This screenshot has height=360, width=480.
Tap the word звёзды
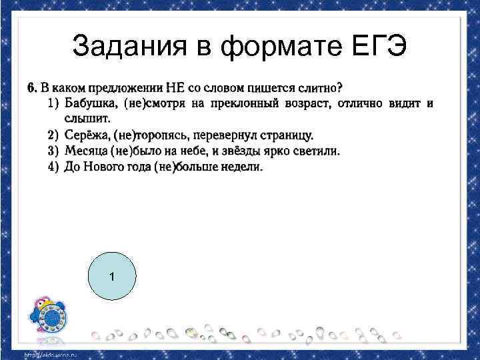point(246,151)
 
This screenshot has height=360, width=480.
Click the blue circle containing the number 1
point(112,276)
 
